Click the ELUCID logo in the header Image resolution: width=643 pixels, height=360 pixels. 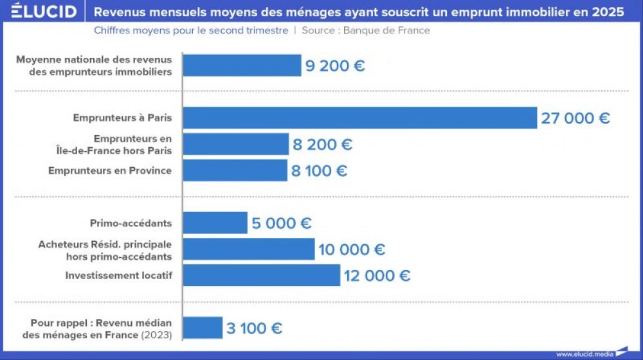(x=44, y=12)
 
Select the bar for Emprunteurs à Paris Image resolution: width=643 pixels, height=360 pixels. (x=360, y=118)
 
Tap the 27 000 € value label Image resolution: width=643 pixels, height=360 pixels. (x=575, y=118)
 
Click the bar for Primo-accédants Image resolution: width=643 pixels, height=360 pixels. (x=215, y=223)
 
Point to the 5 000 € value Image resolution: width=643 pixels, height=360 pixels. (x=282, y=223)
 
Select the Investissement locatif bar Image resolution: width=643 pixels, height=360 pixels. (x=262, y=275)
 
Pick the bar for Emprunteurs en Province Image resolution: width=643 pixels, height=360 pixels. (x=235, y=170)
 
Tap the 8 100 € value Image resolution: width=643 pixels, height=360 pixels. (x=320, y=170)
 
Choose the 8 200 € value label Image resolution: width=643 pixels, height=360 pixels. (x=323, y=145)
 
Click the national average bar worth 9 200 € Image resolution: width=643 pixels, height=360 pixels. (x=242, y=66)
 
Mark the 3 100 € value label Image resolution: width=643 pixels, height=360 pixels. (x=254, y=328)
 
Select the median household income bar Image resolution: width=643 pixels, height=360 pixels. (x=203, y=328)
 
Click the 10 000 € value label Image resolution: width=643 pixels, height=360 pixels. (x=352, y=249)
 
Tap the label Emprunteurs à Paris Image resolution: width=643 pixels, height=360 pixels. (x=122, y=118)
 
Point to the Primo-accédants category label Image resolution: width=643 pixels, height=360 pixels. (x=131, y=223)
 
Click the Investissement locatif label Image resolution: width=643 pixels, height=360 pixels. (x=118, y=275)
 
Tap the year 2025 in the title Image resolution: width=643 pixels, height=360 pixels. (x=608, y=12)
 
